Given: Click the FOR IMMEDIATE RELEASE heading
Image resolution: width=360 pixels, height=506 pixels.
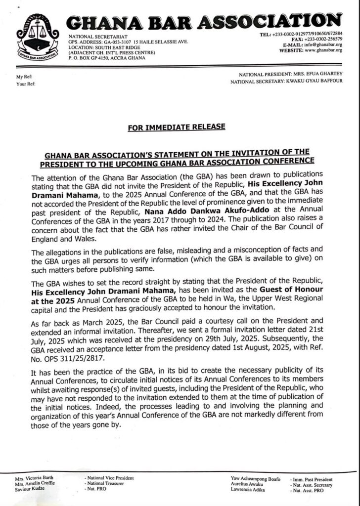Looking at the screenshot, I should pyautogui.click(x=176, y=127).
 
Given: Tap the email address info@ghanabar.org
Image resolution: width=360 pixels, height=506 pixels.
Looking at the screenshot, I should pyautogui.click(x=324, y=44).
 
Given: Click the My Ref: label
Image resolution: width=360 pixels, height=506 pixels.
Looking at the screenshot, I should pyautogui.click(x=24, y=77).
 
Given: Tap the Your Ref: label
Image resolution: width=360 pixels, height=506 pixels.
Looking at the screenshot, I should pyautogui.click(x=25, y=84).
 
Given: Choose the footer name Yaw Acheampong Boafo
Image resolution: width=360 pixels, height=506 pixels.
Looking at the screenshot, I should pyautogui.click(x=256, y=479).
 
